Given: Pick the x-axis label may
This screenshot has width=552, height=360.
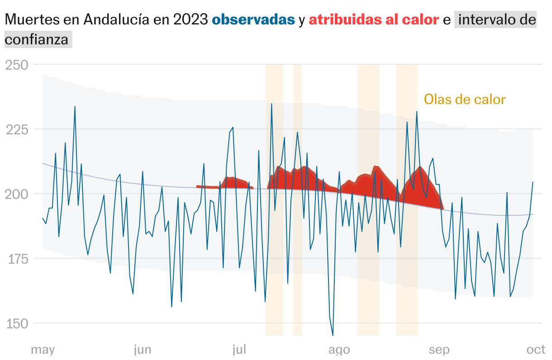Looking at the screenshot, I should (x=43, y=350).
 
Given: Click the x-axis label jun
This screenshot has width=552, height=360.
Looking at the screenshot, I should (x=143, y=350).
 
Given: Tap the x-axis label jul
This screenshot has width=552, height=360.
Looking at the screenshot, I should (x=239, y=350).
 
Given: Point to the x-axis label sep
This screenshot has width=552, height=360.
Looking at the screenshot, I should (x=439, y=350).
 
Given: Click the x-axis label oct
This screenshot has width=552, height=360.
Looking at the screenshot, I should (x=536, y=350).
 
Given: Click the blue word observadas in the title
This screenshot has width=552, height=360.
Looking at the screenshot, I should (x=253, y=20).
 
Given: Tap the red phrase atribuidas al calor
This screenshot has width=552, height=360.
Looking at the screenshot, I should (x=374, y=20).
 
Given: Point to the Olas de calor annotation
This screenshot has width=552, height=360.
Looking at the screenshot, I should (x=465, y=99).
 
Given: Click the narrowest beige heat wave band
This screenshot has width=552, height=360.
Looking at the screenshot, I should (x=297, y=199).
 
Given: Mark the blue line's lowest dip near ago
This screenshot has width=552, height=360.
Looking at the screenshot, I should (x=333, y=335).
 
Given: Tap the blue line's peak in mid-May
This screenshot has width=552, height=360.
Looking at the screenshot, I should (x=75, y=107).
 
